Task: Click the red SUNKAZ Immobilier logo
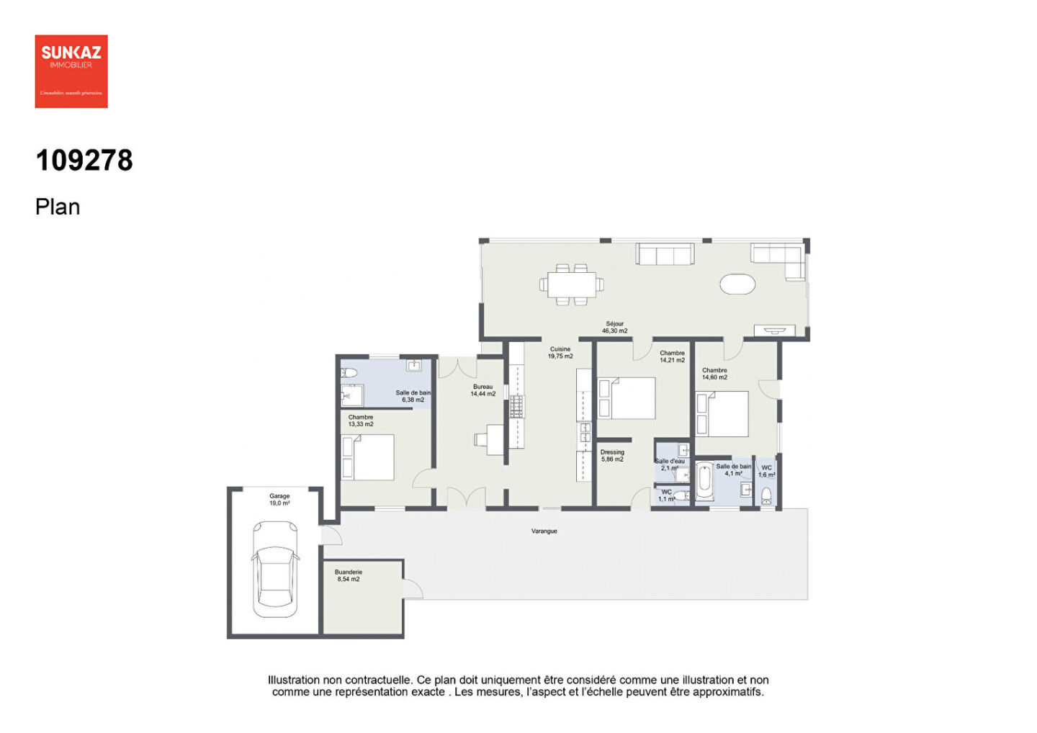point(71,71)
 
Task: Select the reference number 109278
point(84,160)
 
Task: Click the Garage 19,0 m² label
point(279,500)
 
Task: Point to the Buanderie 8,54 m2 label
point(349,575)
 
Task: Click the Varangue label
point(544,531)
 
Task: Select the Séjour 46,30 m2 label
point(615,328)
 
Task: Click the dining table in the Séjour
point(572,284)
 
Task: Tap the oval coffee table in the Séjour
point(737,284)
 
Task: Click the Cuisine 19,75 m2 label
point(560,353)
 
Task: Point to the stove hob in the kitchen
point(517,407)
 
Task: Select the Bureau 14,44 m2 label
point(482,390)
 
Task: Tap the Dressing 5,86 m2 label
point(612,456)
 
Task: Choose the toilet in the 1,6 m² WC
point(766,495)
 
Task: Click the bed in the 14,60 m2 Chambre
point(722,414)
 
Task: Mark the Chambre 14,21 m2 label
point(672,356)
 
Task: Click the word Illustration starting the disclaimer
point(293,680)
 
